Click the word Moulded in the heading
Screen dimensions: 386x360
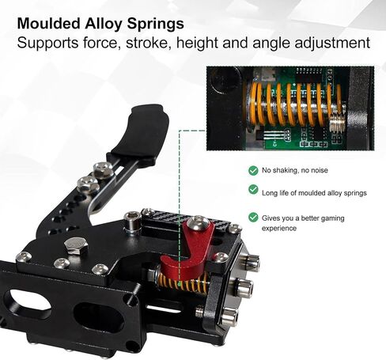pyautogui.click(x=49, y=24)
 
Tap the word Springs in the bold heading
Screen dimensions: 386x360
pyautogui.click(x=156, y=25)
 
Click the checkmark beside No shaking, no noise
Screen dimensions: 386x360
pyautogui.click(x=253, y=170)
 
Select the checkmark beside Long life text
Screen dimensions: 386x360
pyautogui.click(x=253, y=189)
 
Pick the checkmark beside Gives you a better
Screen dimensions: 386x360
pyautogui.click(x=253, y=218)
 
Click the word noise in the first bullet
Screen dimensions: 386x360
pyautogui.click(x=320, y=170)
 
